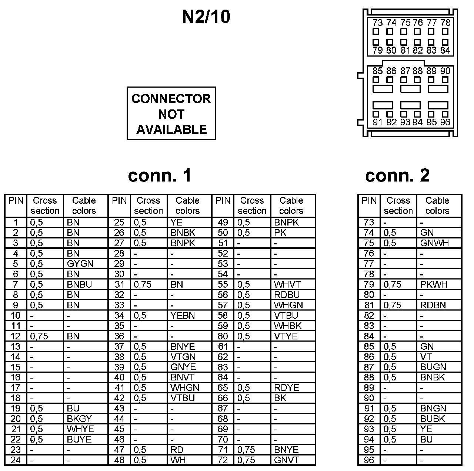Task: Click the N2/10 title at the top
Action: coord(206,17)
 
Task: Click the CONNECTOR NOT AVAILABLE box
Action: coord(171,113)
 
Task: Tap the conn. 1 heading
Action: coord(160,175)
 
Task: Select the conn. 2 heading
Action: coord(397,175)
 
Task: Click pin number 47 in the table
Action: coord(119,450)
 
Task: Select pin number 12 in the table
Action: coord(16,336)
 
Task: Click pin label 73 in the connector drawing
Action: coord(377,23)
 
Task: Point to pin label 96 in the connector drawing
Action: coord(445,122)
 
